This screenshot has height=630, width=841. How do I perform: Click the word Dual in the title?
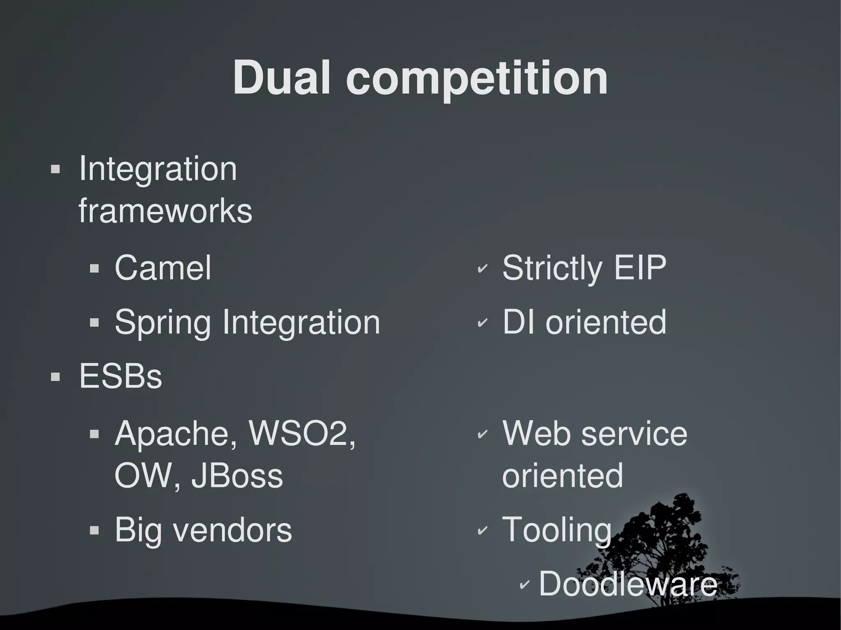click(x=282, y=78)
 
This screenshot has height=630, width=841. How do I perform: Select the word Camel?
click(x=163, y=268)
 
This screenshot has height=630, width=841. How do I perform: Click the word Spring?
click(x=162, y=323)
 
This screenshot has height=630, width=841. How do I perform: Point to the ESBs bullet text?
click(x=120, y=376)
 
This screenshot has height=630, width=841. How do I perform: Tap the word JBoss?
click(x=237, y=476)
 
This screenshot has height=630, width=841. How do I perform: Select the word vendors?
click(x=232, y=530)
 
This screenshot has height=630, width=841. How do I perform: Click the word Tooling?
click(x=557, y=530)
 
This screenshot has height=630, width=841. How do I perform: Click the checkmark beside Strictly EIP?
click(x=482, y=269)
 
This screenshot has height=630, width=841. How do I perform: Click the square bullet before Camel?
click(x=94, y=269)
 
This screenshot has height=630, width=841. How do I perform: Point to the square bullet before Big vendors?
click(x=94, y=531)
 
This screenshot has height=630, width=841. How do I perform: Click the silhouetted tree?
click(x=673, y=546)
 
